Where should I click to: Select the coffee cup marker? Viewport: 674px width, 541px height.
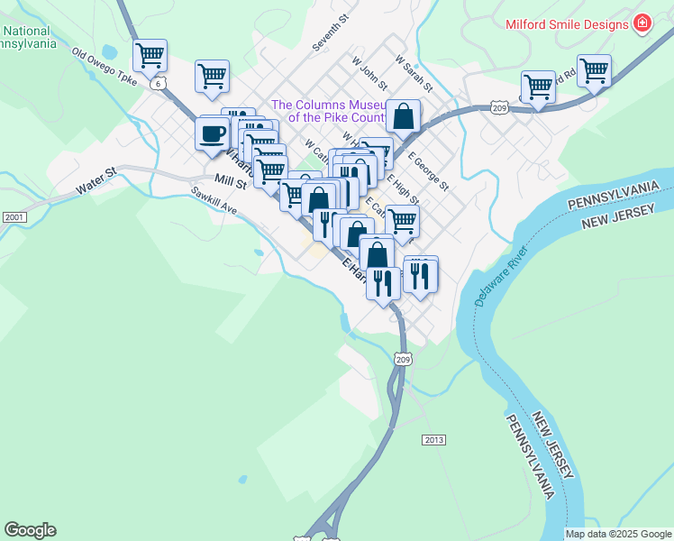213,134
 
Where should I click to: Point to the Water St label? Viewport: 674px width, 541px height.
96,180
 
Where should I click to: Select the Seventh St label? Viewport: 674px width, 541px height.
330,32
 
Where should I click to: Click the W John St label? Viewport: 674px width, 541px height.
370,75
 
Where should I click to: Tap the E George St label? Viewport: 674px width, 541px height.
429,171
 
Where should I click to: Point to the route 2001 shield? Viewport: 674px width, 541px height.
14,217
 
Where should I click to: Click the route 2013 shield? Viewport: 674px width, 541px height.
433,439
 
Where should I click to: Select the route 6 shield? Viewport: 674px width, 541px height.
159,84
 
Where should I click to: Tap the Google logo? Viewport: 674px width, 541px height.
30,530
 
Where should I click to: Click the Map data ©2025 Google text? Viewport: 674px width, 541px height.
617,534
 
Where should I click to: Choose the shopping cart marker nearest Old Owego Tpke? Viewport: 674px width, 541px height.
150,56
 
